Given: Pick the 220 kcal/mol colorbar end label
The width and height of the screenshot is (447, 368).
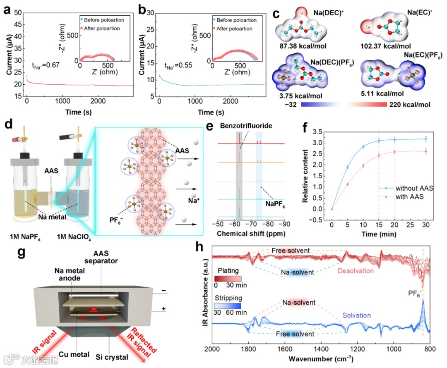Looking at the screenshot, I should point(409,105).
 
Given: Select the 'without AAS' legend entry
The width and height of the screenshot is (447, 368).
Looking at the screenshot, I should point(412,188).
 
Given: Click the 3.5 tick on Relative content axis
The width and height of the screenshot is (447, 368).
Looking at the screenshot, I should point(317,132).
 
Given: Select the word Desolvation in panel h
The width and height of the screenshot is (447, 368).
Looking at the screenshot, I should point(355,271).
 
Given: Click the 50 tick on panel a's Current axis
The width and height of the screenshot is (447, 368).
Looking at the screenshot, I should point(17,12).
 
